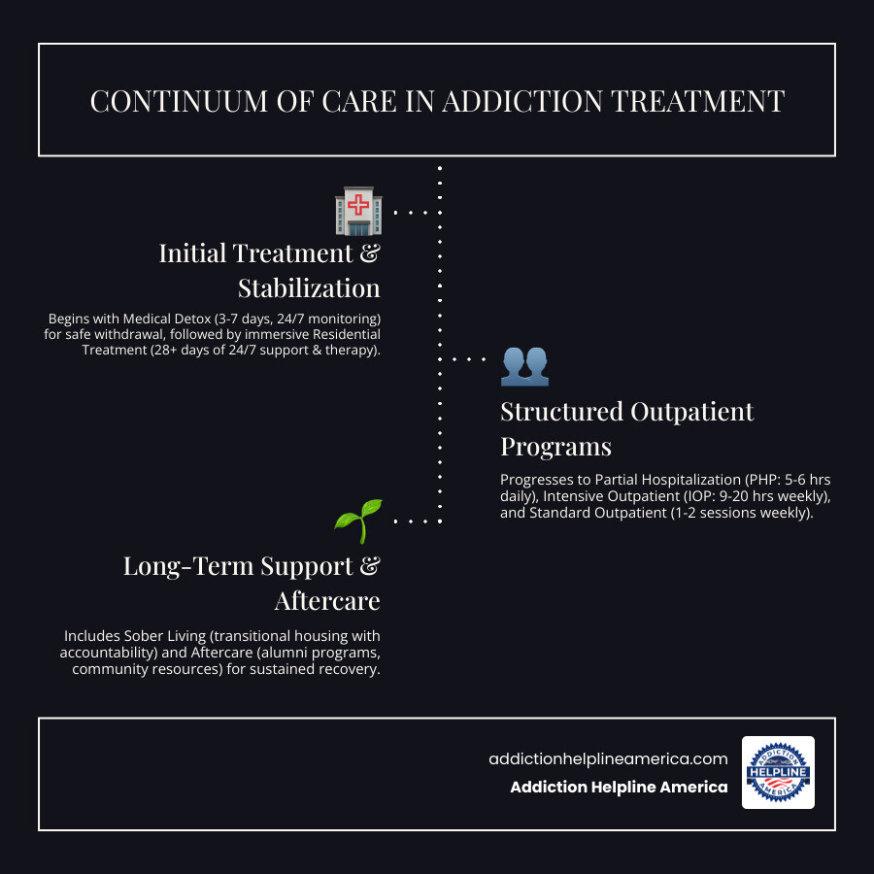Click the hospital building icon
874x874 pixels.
tap(358, 212)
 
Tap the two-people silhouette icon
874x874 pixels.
tap(524, 363)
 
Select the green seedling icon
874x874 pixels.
tap(358, 521)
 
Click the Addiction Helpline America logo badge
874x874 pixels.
tap(778, 772)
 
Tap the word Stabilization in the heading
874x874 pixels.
tap(309, 288)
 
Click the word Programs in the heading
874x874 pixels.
tap(555, 447)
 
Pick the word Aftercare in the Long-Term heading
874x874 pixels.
tap(327, 601)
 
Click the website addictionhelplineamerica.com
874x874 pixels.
tap(608, 759)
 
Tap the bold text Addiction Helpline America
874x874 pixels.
tap(619, 788)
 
